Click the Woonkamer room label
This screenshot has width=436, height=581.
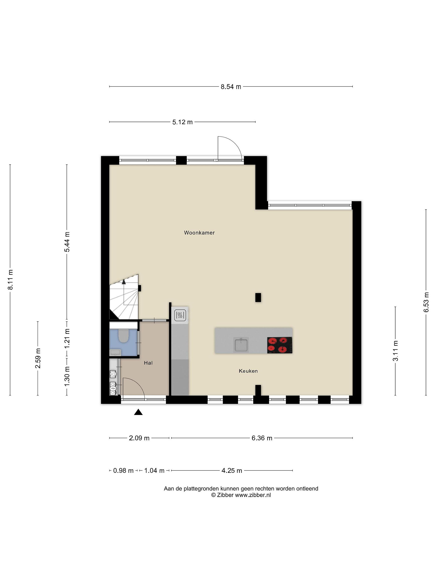199,233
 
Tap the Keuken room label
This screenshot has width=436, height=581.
248,371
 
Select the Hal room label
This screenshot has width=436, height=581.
148,363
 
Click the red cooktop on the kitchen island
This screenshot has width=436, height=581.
280,345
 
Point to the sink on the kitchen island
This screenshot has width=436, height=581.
241,345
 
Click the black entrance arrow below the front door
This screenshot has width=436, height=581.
138,412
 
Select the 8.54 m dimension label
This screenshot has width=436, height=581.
231,87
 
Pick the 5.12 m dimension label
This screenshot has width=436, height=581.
182,122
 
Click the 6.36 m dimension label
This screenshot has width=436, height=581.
262,438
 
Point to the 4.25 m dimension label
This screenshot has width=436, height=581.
232,470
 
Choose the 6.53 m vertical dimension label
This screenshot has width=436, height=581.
426,302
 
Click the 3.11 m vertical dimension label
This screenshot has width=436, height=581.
395,351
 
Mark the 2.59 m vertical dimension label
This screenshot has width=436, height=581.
38,358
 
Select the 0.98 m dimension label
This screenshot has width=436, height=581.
123,470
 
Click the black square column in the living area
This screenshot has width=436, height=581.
258,297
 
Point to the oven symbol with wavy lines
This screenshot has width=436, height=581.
180,315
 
